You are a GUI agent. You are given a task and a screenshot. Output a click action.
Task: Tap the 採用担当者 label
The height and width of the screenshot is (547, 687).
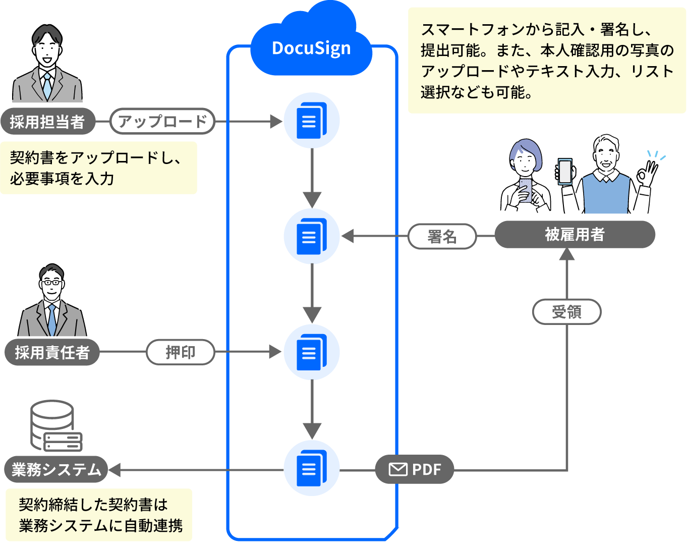[x=47, y=122]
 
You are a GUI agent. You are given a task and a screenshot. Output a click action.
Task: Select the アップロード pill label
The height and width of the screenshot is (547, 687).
[x=162, y=122]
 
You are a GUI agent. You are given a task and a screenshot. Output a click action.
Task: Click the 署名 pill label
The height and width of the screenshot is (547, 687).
[x=442, y=236]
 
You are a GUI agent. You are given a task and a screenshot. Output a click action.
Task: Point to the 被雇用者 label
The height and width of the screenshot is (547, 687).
[x=575, y=235]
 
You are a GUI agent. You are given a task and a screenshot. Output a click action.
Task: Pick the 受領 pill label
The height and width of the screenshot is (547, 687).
[x=566, y=312]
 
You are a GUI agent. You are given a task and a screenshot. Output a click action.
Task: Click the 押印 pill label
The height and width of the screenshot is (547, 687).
[x=180, y=352]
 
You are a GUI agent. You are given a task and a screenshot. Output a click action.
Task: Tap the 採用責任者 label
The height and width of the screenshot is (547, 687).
[x=52, y=352]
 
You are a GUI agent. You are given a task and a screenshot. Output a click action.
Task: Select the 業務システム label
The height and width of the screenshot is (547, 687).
[x=56, y=470]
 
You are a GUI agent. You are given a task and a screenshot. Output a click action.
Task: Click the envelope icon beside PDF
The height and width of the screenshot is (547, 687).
[x=398, y=470]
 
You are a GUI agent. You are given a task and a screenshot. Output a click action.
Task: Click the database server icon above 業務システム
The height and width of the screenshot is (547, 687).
[x=55, y=427]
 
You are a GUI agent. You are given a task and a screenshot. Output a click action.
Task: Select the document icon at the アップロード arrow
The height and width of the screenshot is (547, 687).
[x=311, y=121]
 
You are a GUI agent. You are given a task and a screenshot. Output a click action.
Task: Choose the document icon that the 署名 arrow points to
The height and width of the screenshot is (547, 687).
[x=311, y=236]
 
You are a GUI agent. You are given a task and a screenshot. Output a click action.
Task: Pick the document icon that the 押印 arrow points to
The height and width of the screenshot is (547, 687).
[x=311, y=352]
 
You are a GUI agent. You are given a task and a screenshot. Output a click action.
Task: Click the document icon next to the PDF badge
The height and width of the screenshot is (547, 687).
[x=311, y=468]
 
